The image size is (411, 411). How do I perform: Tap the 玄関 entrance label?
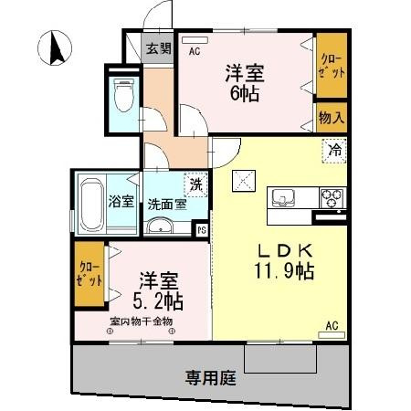coord(158,48)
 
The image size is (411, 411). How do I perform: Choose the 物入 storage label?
coord(331,117)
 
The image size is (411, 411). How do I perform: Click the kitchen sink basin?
coord(279,197)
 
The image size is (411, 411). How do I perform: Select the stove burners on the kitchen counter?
coord(330,195)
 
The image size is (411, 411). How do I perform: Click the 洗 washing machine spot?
coord(194,184)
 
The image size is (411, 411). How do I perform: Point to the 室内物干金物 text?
coord(141,321)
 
